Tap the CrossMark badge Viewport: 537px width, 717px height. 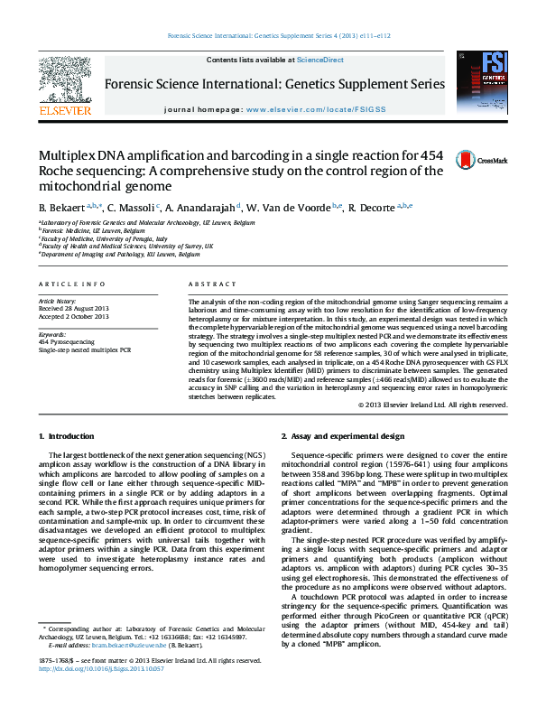click(x=491, y=160)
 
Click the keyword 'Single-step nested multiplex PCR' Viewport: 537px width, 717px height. click(x=85, y=349)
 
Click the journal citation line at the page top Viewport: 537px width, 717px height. click(x=268, y=37)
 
